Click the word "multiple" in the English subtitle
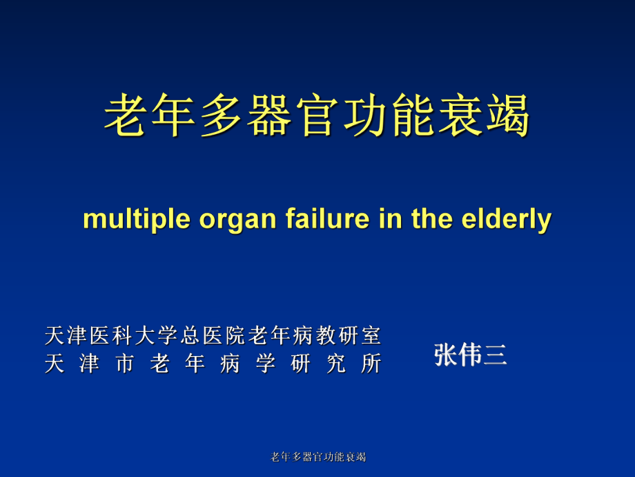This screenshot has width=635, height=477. [137, 219]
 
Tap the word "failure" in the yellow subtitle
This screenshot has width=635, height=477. [328, 218]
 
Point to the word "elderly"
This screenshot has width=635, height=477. [507, 219]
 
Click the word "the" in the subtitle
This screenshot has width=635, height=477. [431, 218]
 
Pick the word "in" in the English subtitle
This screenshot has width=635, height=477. [391, 218]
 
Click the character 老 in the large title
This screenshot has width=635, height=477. [126, 115]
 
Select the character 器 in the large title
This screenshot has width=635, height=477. [269, 115]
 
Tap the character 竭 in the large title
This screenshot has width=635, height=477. [508, 115]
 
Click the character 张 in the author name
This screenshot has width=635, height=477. [446, 355]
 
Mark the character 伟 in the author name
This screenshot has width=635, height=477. [470, 355]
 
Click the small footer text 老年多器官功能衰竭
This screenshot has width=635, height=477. [318, 457]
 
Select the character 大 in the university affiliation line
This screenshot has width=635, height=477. [144, 335]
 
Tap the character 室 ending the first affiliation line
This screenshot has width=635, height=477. [371, 335]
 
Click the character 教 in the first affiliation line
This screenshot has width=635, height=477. [326, 335]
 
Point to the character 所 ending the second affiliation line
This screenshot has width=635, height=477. [371, 363]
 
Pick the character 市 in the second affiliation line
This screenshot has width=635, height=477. [125, 363]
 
